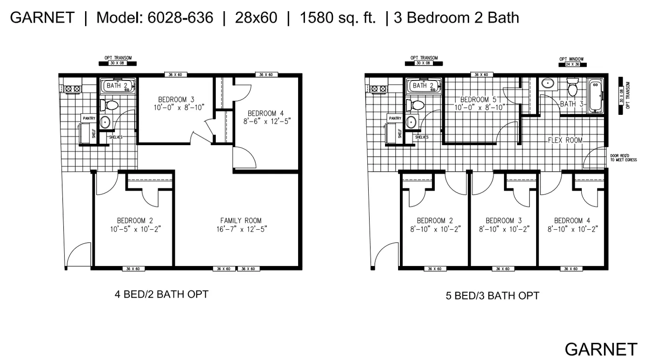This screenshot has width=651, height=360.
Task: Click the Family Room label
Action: pos(240,220)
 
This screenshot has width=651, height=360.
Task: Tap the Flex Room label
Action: pos(565,140)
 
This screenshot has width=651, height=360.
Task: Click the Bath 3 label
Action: pos(571,104)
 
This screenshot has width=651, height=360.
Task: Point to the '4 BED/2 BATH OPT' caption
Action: pos(161,294)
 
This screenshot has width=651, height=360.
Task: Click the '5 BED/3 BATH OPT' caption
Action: pos(492,296)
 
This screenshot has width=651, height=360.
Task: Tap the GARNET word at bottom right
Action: pos(601,349)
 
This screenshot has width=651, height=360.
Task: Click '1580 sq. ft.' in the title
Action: pos(338,18)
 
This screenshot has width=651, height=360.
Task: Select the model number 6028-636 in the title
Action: pos(180,18)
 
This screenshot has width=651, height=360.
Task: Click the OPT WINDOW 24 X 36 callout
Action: pos(571,62)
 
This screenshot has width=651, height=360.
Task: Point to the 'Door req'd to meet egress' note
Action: pos(623,158)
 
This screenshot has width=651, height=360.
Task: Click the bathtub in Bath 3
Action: pos(596,97)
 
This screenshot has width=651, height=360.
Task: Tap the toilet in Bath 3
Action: pos(572,88)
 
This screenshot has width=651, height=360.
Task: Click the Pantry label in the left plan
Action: pos(89,119)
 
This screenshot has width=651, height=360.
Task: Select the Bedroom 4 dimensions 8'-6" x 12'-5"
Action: pos(265,122)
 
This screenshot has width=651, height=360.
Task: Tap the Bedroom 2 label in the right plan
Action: pos(435,220)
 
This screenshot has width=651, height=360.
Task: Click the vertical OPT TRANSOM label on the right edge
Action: pos(627,95)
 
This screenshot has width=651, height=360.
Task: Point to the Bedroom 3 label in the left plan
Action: pos(176,100)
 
